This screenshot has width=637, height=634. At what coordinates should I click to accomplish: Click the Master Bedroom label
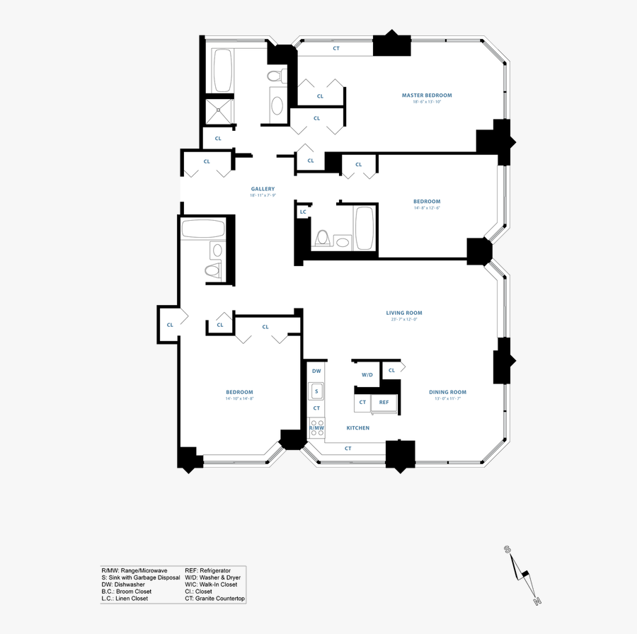426,95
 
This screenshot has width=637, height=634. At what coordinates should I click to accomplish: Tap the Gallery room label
263,189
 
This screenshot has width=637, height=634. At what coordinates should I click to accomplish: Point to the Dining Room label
447,392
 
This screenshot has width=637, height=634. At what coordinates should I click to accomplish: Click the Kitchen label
357,428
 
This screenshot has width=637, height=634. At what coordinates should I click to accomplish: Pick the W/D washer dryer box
367,374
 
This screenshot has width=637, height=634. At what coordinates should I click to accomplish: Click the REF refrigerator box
384,403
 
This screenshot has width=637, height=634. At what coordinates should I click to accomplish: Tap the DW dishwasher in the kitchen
316,371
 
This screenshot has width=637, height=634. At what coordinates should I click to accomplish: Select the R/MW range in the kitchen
316,428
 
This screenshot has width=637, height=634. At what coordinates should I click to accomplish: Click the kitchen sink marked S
316,390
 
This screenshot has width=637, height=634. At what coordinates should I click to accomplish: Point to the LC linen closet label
303,212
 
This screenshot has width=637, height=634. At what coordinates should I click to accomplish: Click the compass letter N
537,601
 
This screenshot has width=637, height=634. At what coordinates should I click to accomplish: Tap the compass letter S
507,549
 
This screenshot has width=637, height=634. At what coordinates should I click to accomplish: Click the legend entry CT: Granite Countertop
214,599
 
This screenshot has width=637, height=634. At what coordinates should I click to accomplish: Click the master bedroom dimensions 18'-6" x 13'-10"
426,103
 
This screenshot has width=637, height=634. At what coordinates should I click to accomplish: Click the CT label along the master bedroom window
336,49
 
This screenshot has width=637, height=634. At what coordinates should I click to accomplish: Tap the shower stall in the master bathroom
219,110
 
